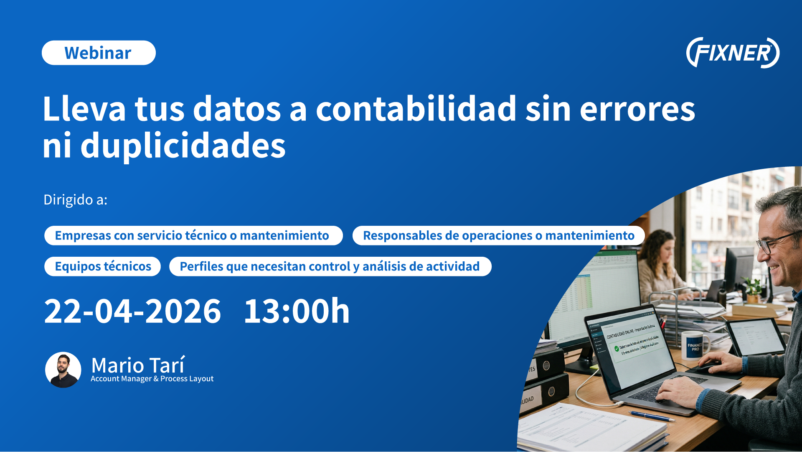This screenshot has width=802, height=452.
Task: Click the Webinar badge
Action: pyautogui.click(x=99, y=53)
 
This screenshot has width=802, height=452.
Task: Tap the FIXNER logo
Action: pyautogui.click(x=733, y=53)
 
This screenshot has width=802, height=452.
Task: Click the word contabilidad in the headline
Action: pyautogui.click(x=416, y=109)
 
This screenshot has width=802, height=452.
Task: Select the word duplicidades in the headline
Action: pyautogui.click(x=183, y=146)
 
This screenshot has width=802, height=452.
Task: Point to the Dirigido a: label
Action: pyautogui.click(x=76, y=200)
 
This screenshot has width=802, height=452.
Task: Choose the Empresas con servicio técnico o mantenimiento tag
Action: pyautogui.click(x=193, y=235)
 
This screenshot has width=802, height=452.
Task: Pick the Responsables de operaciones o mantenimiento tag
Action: pyautogui.click(x=498, y=235)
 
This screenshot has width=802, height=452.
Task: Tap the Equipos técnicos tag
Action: pyautogui.click(x=103, y=266)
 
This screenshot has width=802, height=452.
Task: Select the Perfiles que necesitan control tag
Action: pyautogui.click(x=330, y=266)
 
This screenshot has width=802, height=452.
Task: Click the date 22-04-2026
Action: pyautogui.click(x=132, y=312)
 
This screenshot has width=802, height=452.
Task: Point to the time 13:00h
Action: pyautogui.click(x=297, y=312)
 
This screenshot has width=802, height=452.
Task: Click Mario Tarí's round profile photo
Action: pyautogui.click(x=63, y=370)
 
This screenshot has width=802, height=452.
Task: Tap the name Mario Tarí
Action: pyautogui.click(x=138, y=365)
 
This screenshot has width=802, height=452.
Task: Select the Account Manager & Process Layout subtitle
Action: pyautogui.click(x=152, y=379)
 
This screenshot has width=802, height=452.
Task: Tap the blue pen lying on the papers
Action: pyautogui.click(x=651, y=416)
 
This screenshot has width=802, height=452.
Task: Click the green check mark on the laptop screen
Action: pyautogui.click(x=617, y=348)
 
